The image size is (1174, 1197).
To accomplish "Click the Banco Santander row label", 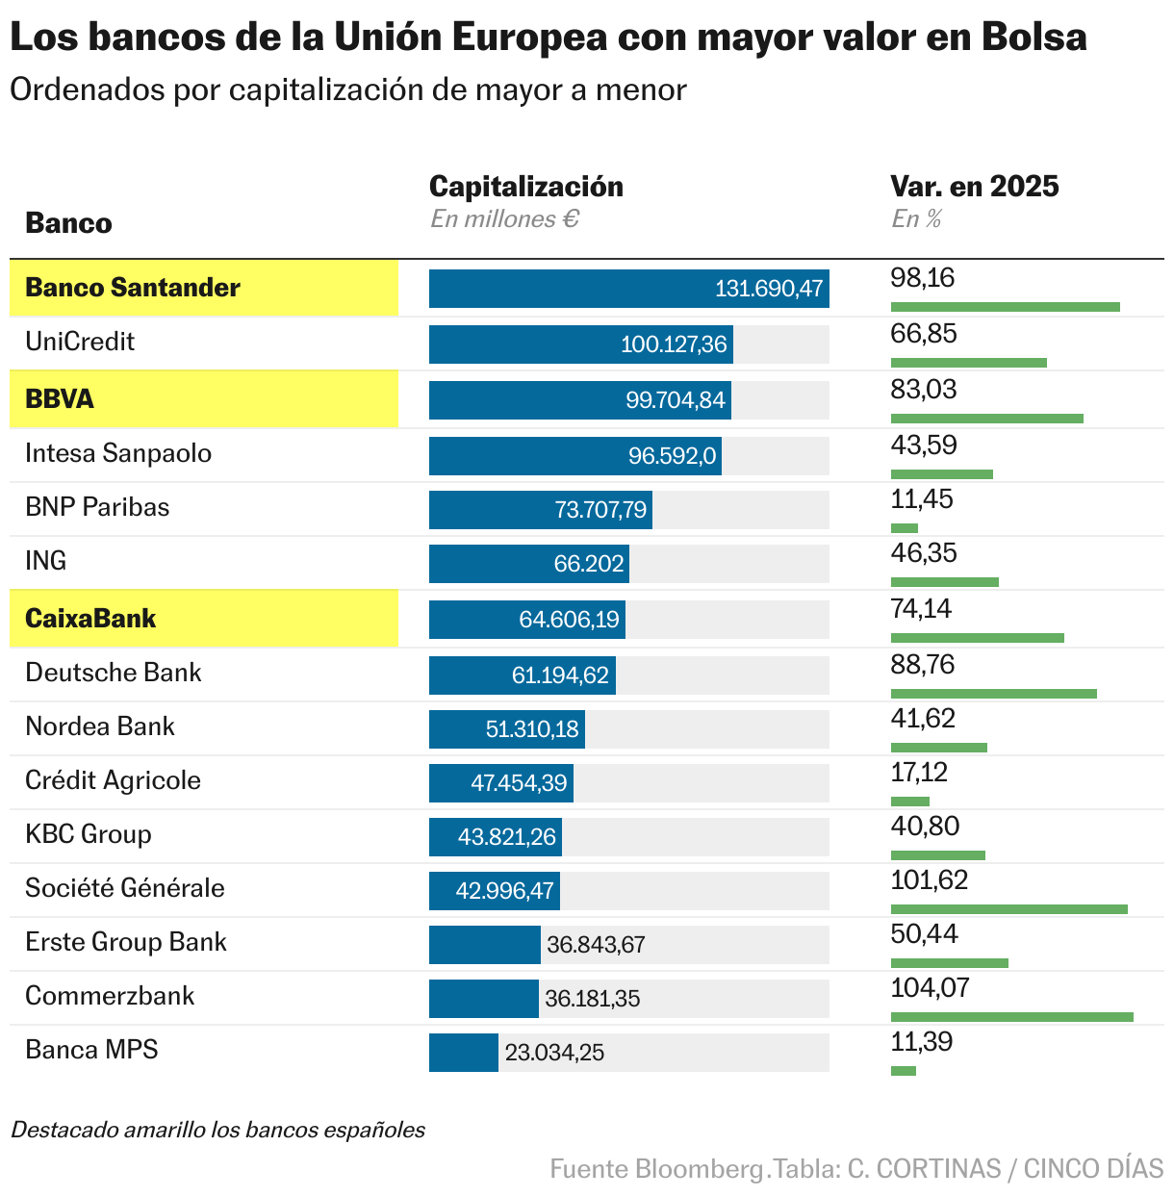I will pos(133,288).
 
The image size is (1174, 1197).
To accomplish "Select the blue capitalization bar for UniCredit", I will pos(580,344).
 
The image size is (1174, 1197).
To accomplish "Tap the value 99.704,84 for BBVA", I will pos(675,400).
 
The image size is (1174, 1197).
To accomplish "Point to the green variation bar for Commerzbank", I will pos(1011,1016).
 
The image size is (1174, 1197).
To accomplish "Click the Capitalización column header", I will pos(525,186).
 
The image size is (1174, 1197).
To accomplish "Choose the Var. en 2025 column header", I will pos(974,186).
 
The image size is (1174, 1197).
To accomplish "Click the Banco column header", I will pos(68,223).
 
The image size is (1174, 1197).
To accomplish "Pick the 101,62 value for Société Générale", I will pos(929,880).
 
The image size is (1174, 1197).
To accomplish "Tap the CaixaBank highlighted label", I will pos(90,619).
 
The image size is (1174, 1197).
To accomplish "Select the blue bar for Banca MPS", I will pos(464,1053).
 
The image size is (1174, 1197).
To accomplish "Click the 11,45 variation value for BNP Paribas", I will pos(921,499).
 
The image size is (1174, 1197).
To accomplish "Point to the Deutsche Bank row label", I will pos(114,673).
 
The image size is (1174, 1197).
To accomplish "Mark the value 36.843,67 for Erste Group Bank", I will pos(596,945).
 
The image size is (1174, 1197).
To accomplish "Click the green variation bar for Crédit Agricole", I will pos(909,801).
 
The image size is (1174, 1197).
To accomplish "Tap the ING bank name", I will pos(46,561).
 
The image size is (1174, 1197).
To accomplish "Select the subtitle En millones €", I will pos(504,219).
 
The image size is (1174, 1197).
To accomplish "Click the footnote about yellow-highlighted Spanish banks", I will pos(217,1130).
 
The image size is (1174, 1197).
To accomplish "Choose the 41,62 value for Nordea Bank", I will pos(922,719).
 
